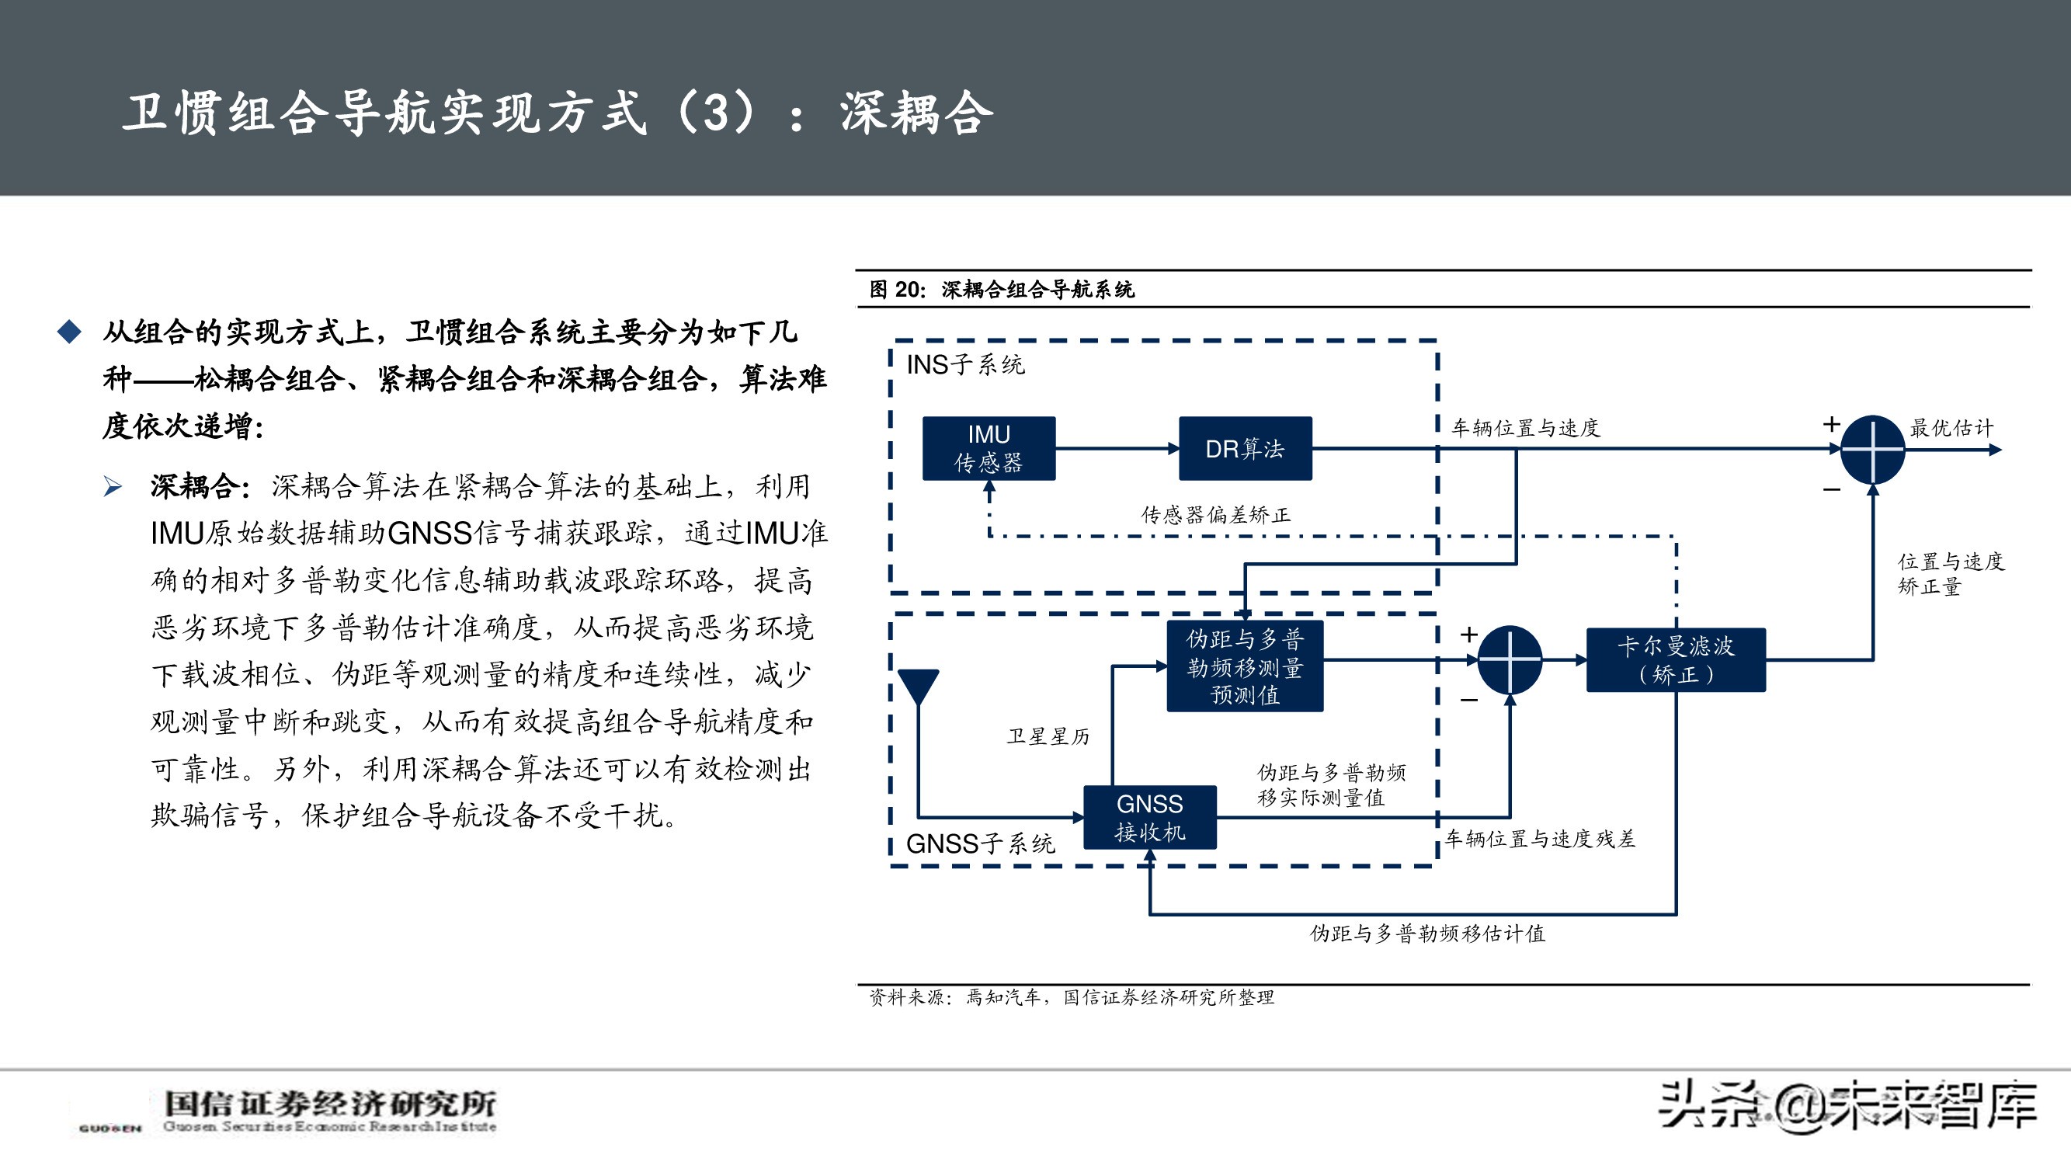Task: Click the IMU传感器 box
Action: coord(988,449)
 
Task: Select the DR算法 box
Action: coord(1245,449)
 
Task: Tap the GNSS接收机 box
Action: coord(1150,818)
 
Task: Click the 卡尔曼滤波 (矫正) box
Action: coord(1676,660)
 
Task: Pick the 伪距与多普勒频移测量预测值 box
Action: coord(1245,666)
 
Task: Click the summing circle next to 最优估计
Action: coord(1872,450)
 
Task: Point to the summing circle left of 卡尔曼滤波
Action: coord(1510,660)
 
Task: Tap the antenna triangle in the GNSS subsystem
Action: coord(918,686)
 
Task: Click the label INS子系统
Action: coord(964,365)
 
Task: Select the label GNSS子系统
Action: coord(980,844)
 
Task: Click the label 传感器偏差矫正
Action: coord(1215,516)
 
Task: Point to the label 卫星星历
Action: coord(1048,736)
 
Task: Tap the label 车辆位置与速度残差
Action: coord(1540,840)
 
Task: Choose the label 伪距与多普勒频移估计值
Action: coord(1427,934)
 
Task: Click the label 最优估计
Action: coord(1951,428)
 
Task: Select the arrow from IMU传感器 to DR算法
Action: coord(1117,449)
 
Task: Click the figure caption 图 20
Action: coord(1001,290)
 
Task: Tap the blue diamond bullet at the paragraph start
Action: coord(70,332)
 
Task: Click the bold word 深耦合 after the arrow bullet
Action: coord(196,486)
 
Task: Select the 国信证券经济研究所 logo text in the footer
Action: coord(329,1104)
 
